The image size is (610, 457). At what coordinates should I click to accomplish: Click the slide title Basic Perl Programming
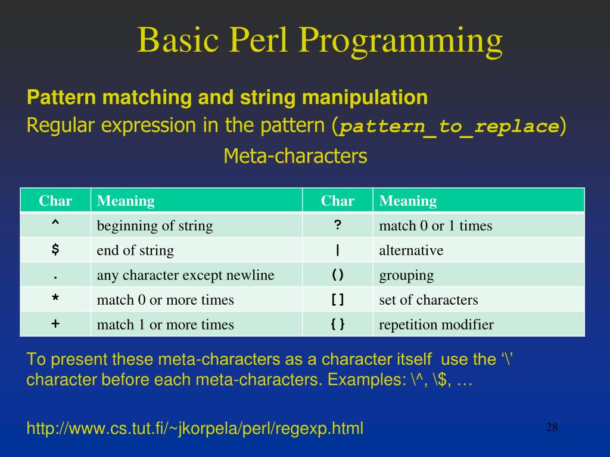coord(320,40)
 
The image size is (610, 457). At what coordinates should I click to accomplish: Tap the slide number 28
coord(551,427)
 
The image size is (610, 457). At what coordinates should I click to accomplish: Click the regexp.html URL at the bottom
coord(195,428)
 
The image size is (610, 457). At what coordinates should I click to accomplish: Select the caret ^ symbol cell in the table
coord(55,226)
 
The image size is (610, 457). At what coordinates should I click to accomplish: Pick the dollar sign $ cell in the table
coord(55,250)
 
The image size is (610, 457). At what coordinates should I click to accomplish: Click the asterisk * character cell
coord(55,299)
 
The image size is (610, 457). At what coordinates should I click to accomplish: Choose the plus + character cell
coord(55,324)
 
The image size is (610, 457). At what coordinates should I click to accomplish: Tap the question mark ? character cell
coord(338,226)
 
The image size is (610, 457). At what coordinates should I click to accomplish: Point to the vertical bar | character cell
coord(338,250)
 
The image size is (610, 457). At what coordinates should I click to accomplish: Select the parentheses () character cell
coord(338,275)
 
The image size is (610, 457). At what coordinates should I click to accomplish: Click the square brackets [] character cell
coord(338,299)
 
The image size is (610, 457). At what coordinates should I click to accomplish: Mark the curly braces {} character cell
coord(338,324)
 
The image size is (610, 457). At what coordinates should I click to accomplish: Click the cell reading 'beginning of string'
coord(155,226)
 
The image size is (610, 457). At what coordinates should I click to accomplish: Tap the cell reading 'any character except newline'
coord(185,275)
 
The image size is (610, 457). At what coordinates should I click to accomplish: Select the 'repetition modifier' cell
coord(436,324)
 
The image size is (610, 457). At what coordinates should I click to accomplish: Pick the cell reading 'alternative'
coord(411,250)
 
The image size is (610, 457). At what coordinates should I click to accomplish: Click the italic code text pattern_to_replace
coord(449,127)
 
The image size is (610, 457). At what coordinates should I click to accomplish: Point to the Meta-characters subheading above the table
coord(295,156)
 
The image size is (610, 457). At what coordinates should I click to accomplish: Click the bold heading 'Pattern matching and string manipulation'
coord(227,97)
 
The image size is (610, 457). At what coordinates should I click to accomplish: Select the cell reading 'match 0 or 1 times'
coord(435,226)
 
